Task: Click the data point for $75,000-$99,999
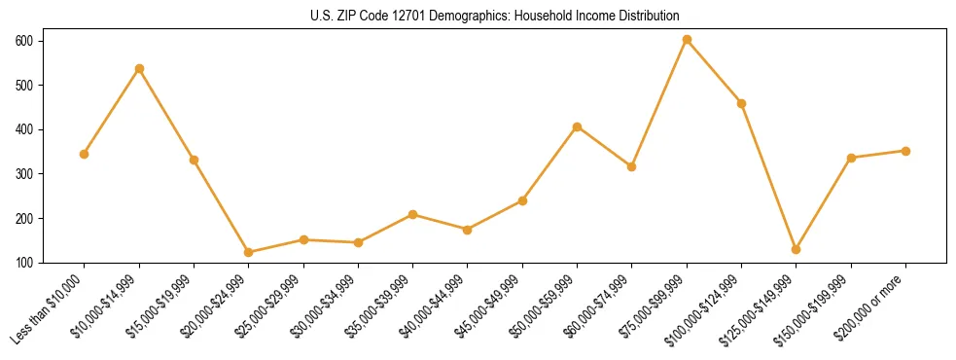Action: coord(687,40)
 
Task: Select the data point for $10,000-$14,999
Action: coord(139,68)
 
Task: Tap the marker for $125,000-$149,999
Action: coord(797,249)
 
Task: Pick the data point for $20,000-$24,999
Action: coord(249,252)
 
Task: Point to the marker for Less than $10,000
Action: coord(85,154)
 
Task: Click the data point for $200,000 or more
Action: coord(905,151)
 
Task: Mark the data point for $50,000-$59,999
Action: coord(578,126)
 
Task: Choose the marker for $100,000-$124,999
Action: coord(742,103)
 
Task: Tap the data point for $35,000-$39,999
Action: coord(413,214)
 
